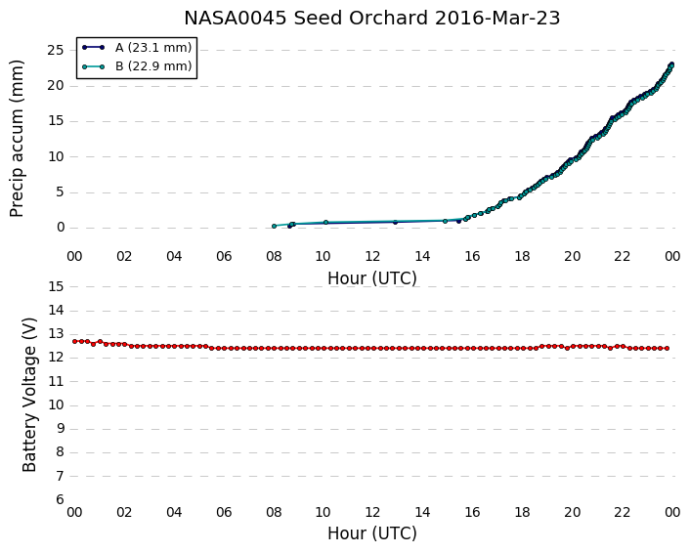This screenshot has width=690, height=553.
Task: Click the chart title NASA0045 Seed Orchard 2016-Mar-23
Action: (x=371, y=18)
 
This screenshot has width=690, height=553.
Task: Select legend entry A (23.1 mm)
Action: (x=153, y=48)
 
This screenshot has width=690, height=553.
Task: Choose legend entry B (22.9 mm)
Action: (x=153, y=66)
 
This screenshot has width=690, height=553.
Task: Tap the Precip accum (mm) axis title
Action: (x=17, y=139)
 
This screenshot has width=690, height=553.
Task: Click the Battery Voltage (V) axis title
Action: (x=29, y=395)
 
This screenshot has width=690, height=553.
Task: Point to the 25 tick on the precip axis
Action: (x=56, y=50)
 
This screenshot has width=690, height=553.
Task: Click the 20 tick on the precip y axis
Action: (x=56, y=85)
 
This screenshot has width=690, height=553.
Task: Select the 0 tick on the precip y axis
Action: (x=61, y=228)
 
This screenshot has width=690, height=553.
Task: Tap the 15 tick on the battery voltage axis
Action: (x=56, y=287)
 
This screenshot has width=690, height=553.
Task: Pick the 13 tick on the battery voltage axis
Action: (x=56, y=334)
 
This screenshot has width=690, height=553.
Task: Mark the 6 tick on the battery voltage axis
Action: (x=60, y=500)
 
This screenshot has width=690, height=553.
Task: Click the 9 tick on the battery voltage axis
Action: (x=60, y=429)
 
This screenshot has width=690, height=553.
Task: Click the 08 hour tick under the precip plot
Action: (x=274, y=256)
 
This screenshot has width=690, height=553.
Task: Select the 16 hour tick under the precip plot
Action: (x=473, y=256)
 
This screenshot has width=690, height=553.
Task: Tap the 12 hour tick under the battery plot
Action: (x=372, y=513)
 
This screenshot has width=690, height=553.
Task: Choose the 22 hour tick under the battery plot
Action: (x=623, y=513)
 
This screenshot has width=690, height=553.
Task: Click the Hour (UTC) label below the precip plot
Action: (x=371, y=278)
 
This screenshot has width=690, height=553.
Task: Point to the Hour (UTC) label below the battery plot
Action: (x=371, y=533)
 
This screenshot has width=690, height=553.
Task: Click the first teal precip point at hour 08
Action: (x=275, y=226)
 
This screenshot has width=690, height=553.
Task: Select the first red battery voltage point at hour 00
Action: (x=75, y=341)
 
